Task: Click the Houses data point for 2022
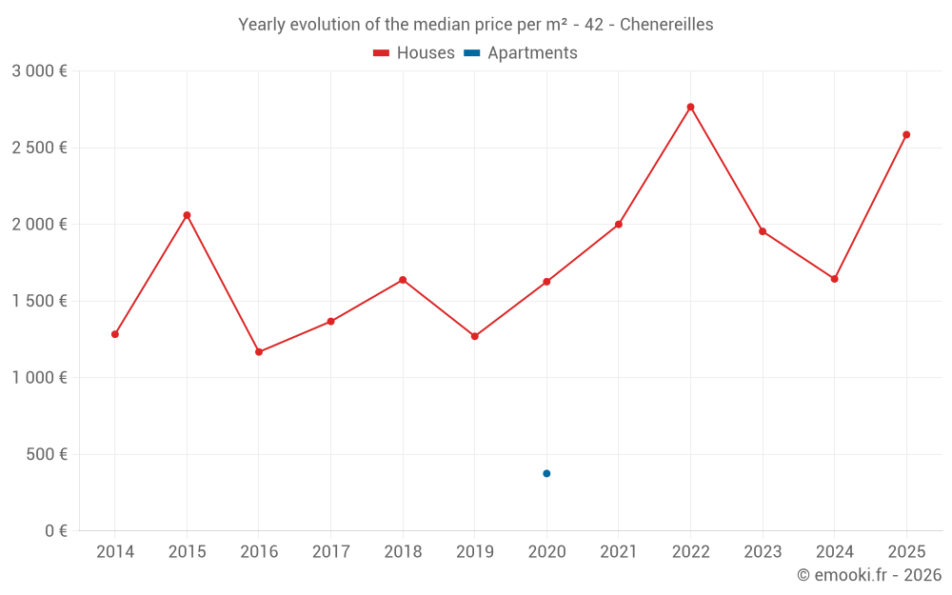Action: tap(690, 107)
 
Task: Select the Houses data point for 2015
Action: tap(187, 215)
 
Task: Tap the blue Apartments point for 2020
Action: tap(546, 473)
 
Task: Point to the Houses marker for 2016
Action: tap(259, 352)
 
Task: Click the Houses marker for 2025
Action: tap(906, 134)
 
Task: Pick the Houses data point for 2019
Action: tap(475, 336)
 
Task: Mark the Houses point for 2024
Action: tap(834, 279)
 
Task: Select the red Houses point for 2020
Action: tap(546, 282)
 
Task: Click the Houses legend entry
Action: tap(414, 53)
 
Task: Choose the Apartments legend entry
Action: tap(521, 53)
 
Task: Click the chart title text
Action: tap(475, 25)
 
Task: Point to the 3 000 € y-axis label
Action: tap(39, 71)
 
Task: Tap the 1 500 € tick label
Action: tap(39, 301)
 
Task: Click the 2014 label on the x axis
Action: tap(115, 552)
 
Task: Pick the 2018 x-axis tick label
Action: tap(403, 552)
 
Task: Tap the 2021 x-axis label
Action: tap(619, 552)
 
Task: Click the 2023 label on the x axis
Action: tap(763, 552)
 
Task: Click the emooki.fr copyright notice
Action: tap(868, 575)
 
